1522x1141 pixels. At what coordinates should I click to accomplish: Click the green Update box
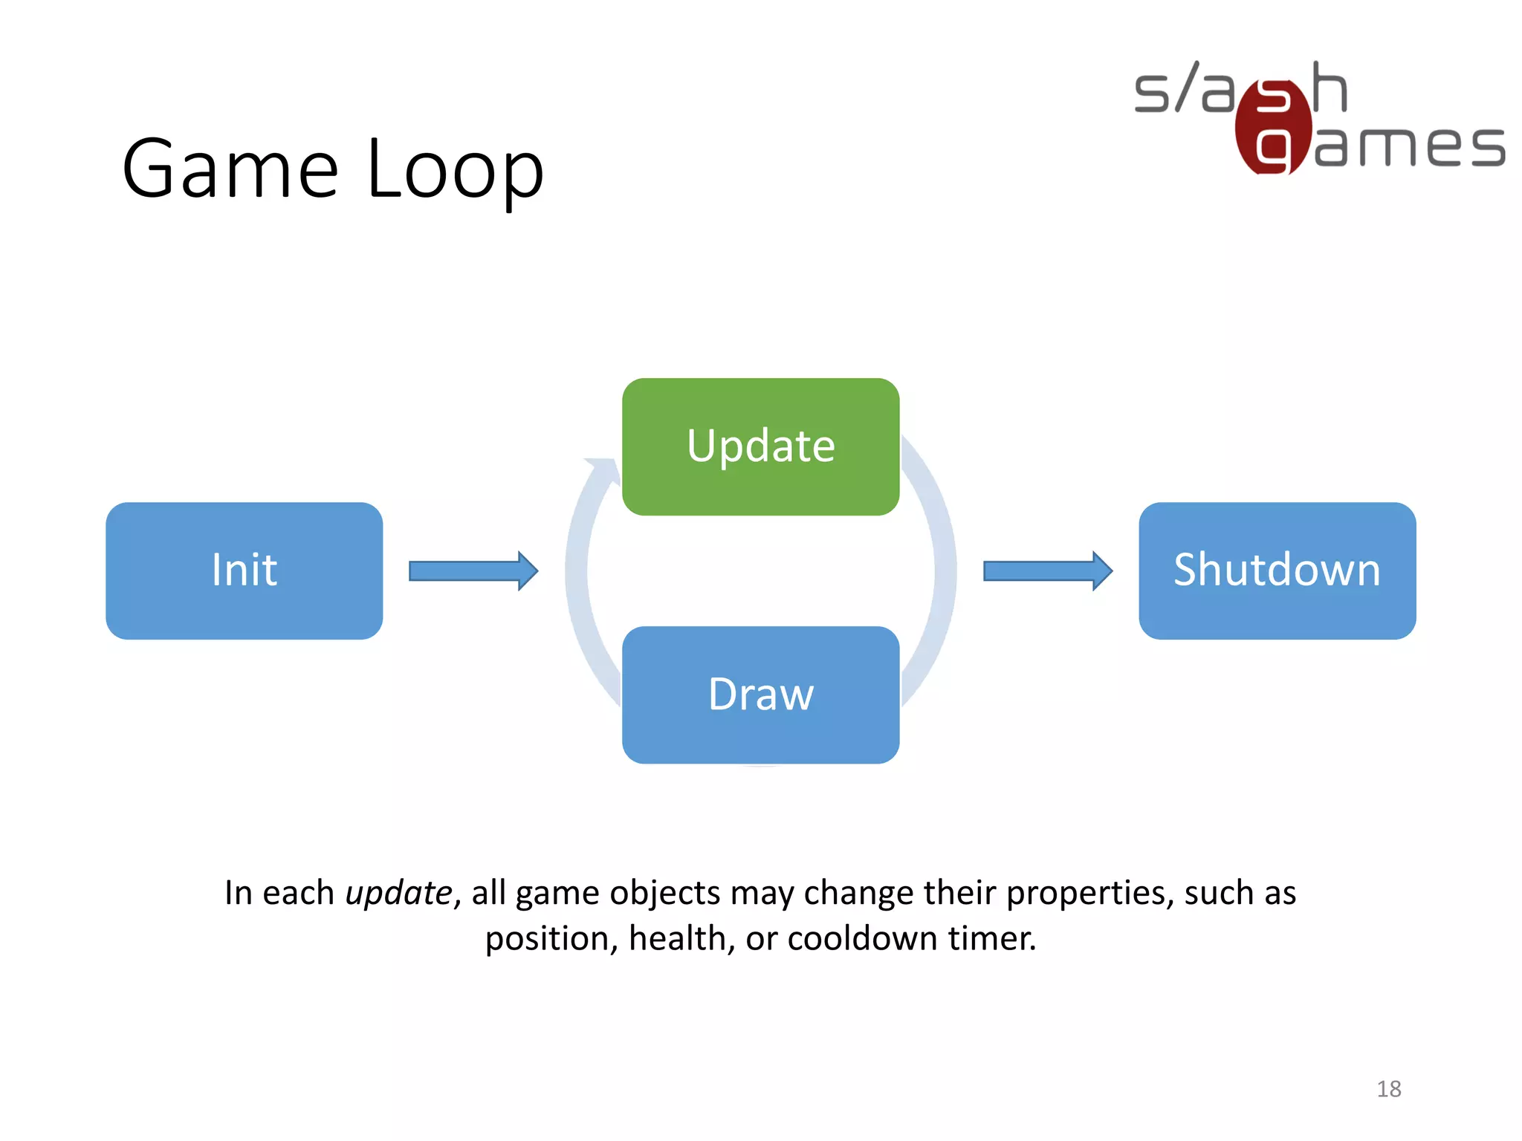[760, 446]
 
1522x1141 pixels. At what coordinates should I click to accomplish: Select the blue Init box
[244, 570]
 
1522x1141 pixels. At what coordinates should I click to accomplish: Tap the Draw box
[760, 695]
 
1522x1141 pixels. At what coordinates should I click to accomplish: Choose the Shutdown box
[1277, 570]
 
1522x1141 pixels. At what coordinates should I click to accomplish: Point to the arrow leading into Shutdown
[1047, 570]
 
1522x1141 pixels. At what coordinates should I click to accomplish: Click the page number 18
[1388, 1089]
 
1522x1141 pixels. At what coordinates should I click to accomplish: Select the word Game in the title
[230, 169]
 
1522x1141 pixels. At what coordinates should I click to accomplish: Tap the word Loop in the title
[455, 169]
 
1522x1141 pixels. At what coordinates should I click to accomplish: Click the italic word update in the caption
[399, 893]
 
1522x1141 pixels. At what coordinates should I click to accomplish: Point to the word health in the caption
[676, 939]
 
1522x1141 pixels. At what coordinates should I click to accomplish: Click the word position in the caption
[547, 939]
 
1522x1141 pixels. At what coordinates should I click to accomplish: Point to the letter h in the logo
[1330, 88]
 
